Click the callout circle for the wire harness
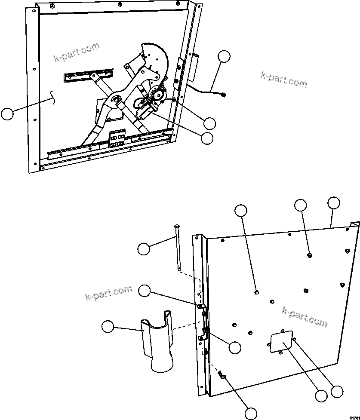point(224,57)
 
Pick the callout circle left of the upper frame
point(7,114)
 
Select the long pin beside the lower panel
point(177,247)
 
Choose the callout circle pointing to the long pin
point(144,248)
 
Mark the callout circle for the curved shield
point(108,327)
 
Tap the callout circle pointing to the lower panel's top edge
point(333,203)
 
